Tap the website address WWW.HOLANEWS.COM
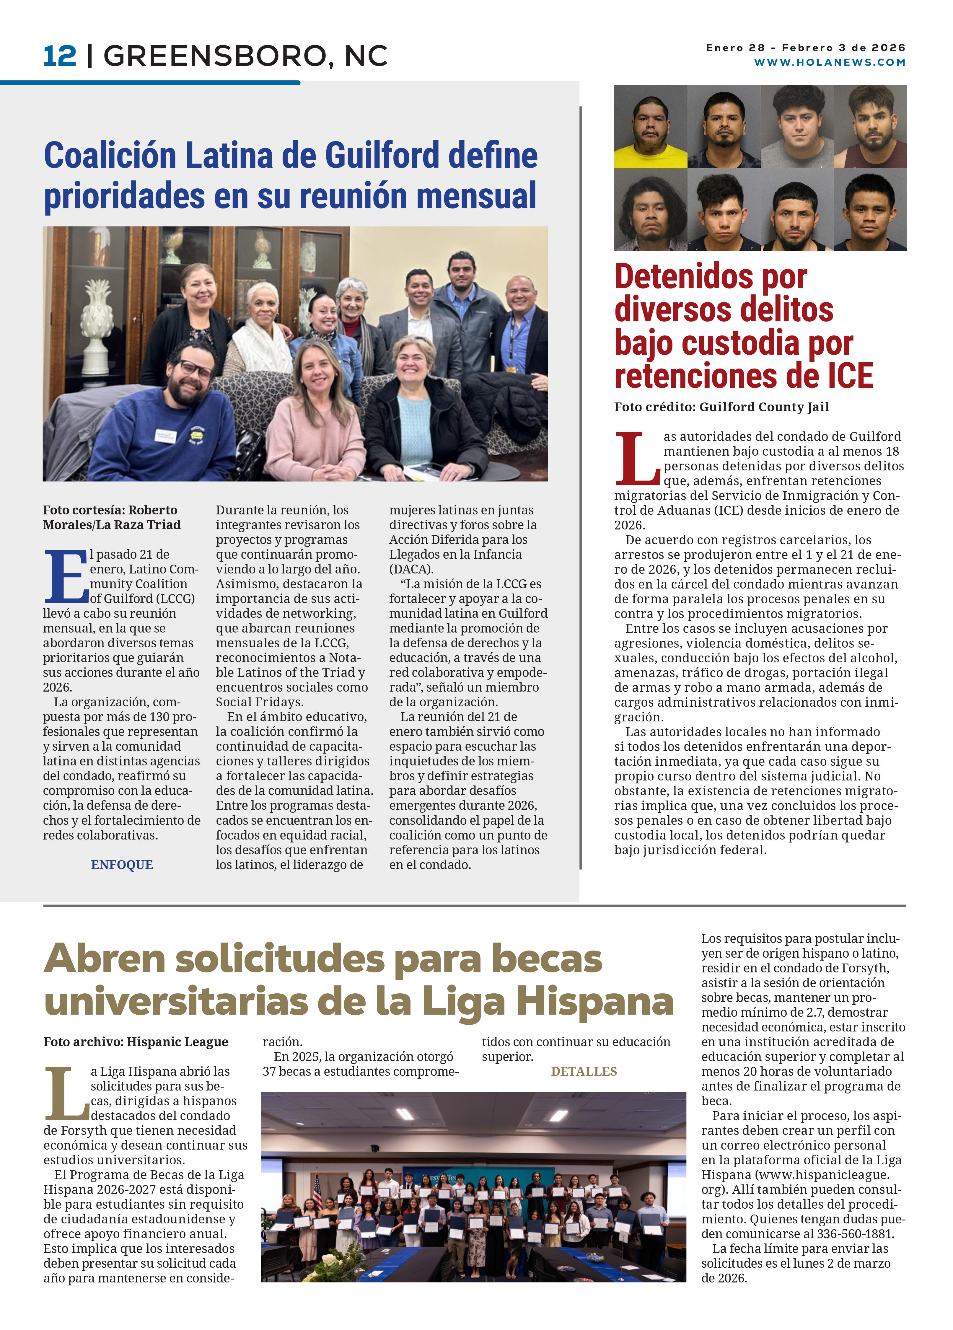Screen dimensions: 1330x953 [829, 62]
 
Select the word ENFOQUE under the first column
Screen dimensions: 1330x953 [122, 864]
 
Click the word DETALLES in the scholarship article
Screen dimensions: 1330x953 [584, 1071]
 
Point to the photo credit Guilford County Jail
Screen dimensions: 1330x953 [721, 407]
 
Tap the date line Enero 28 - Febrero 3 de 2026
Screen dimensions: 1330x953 [805, 48]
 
